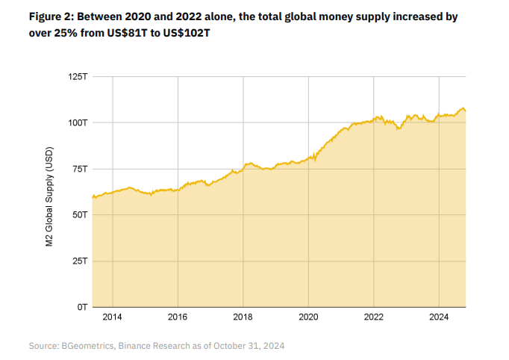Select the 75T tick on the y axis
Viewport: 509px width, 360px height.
(78, 169)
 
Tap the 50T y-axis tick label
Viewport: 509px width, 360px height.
(78, 214)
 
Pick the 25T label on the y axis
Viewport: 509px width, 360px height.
(78, 261)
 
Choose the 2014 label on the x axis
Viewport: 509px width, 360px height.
(112, 317)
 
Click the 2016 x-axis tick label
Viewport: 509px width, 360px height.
(178, 317)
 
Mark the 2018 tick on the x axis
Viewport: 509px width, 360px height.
(243, 317)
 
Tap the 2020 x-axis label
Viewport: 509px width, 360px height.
(308, 317)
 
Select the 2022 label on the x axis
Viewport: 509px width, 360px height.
(374, 317)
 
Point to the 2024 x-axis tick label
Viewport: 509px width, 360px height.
(439, 317)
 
